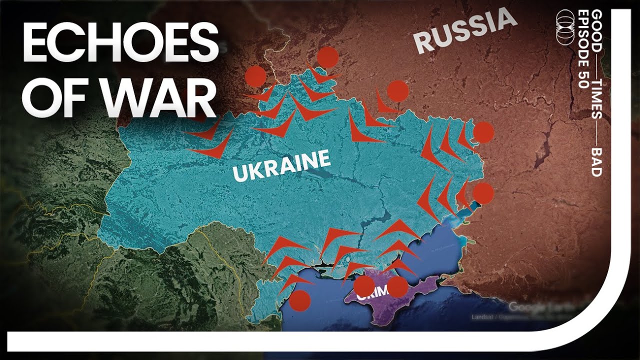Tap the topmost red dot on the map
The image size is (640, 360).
coord(327,57)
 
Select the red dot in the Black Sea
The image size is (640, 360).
coord(300,300)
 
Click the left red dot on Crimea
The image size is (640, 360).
coord(364,286)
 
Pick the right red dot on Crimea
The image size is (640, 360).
coord(397,286)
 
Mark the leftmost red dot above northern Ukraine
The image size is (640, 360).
coord(255,76)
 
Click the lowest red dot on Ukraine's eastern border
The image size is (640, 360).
coord(483,193)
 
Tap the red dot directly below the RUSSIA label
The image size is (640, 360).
coord(397,91)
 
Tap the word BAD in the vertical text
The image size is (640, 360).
coord(595,161)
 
